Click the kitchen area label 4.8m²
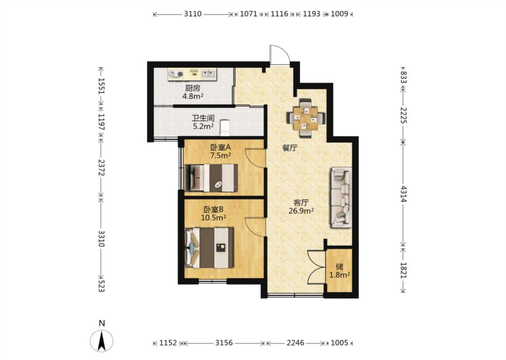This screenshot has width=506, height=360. click(193, 96)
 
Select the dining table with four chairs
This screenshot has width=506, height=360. click(305, 118)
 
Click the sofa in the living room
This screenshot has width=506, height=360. click(341, 197)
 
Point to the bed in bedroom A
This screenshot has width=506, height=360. click(211, 178)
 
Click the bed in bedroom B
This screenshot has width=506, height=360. click(210, 248)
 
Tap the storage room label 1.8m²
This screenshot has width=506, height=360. click(340, 275)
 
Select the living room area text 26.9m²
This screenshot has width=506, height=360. click(301, 211)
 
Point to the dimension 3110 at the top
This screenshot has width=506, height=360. click(193, 14)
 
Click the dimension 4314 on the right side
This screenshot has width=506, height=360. click(403, 193)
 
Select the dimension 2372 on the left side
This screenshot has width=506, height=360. click(101, 167)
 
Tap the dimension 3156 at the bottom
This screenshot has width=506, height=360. click(224, 342)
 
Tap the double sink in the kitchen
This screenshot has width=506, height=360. click(208, 74)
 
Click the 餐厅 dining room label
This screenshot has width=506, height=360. click(290, 148)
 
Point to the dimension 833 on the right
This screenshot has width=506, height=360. click(403, 77)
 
